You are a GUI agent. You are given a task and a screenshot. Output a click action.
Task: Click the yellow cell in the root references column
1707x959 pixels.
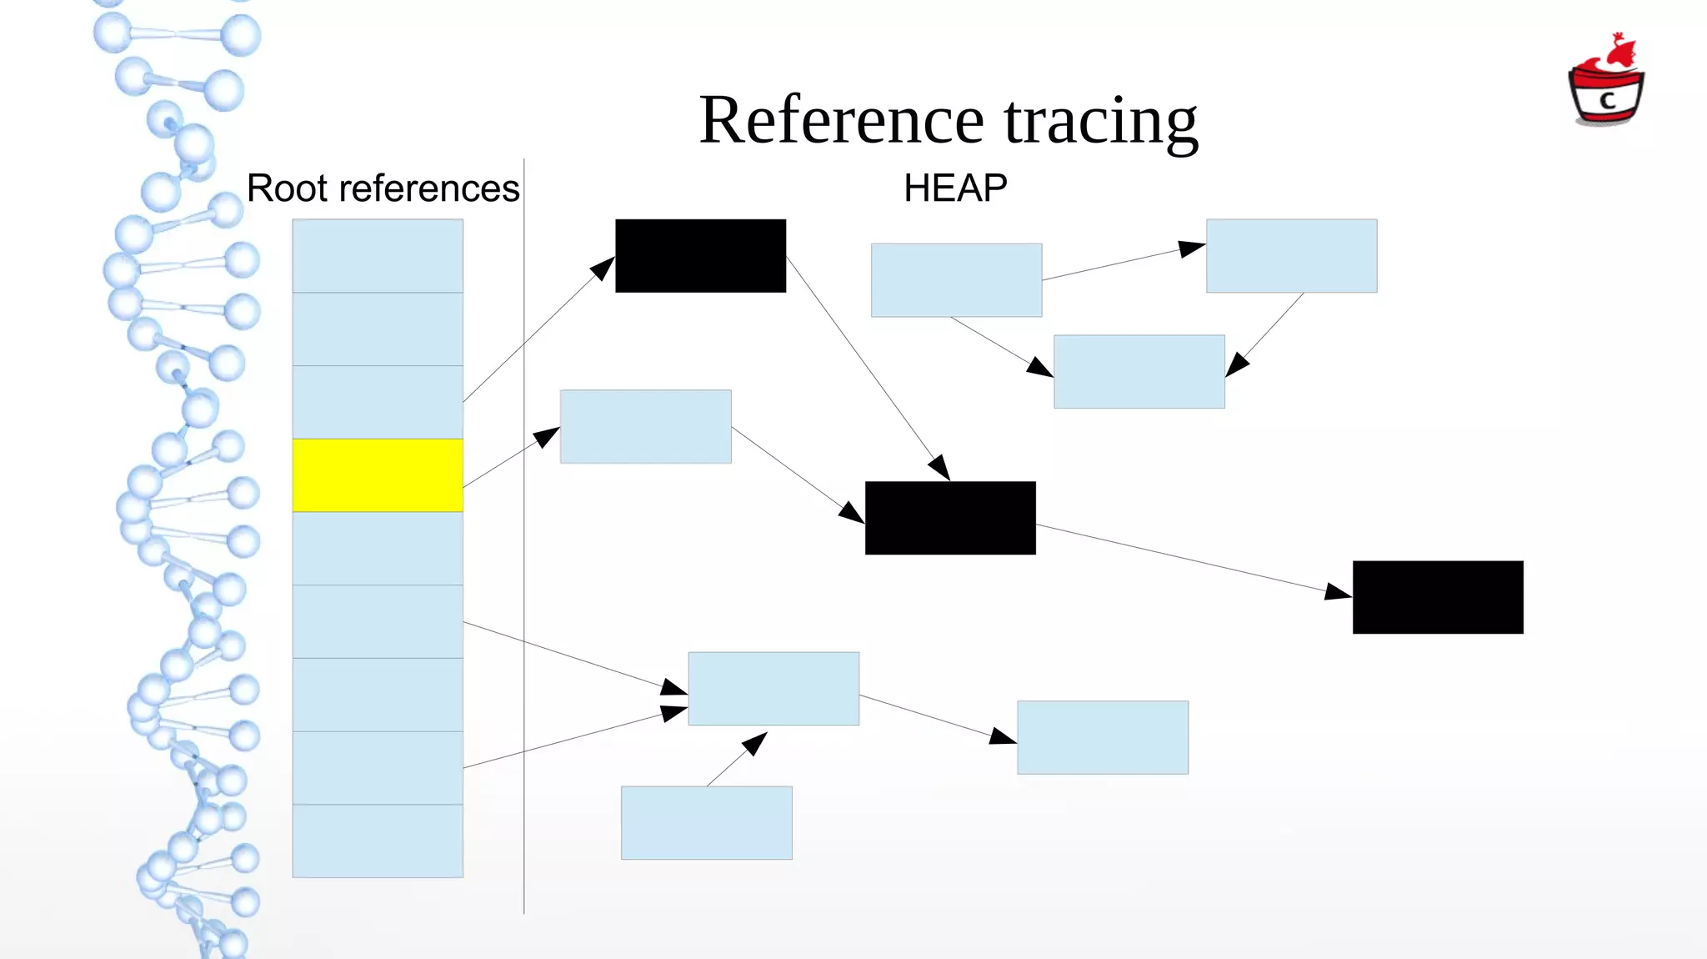[x=378, y=475]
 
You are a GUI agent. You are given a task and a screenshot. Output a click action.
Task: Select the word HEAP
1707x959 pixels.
[x=955, y=188]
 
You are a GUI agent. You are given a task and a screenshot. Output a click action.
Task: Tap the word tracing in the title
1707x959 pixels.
[x=1100, y=122]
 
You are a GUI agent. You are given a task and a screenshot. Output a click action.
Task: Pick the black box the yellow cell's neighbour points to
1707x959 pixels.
[x=700, y=256]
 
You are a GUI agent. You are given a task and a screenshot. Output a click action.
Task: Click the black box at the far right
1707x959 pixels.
[x=1438, y=597]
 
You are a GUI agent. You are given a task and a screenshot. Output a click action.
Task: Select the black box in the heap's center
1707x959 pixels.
[x=950, y=518]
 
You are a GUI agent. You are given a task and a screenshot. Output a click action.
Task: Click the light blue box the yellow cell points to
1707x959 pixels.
[x=646, y=427]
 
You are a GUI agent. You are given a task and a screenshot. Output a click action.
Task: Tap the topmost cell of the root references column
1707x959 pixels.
[x=378, y=256]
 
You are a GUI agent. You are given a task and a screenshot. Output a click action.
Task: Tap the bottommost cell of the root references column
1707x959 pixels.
[x=378, y=841]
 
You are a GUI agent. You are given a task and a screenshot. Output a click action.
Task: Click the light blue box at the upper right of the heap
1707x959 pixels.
[x=1291, y=256]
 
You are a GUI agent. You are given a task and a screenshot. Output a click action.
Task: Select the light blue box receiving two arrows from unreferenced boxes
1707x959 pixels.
[x=1139, y=372]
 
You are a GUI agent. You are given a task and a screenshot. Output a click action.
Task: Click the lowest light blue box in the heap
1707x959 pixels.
[x=707, y=823]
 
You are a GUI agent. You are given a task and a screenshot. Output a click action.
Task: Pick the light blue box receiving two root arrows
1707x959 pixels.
[x=773, y=689]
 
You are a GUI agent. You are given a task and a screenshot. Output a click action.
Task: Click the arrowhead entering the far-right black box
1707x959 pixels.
[x=1339, y=592]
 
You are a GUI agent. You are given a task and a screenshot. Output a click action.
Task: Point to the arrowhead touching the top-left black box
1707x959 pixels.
[x=603, y=268]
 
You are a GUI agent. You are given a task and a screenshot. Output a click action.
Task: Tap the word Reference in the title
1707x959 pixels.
[x=842, y=122]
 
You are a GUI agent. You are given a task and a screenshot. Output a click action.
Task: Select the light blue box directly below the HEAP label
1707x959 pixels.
[x=956, y=280]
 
